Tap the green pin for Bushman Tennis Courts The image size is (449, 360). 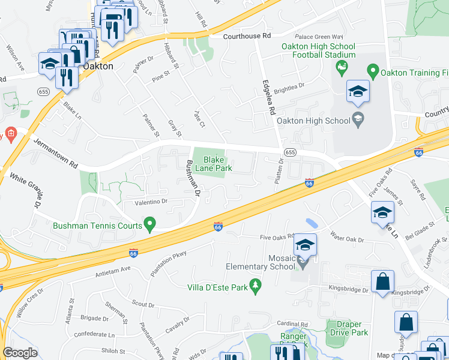coord(151,226)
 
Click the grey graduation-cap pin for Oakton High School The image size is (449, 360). coord(358,118)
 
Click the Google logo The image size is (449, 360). coord(20,352)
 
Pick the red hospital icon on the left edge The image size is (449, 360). coord(10,133)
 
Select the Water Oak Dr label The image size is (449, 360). coord(347,240)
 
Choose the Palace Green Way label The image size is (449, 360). coord(324,35)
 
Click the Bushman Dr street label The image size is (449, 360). coord(193,178)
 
